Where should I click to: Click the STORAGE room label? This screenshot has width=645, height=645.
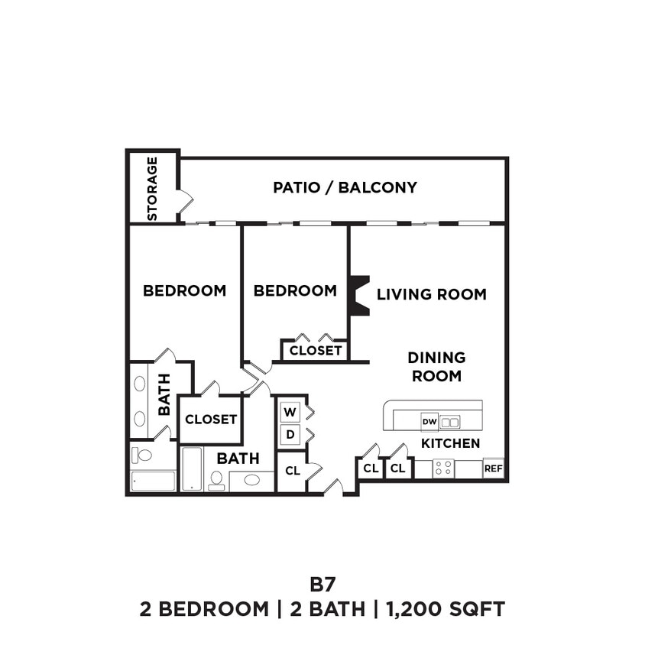[152, 189]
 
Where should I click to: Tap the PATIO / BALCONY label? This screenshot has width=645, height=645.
[345, 187]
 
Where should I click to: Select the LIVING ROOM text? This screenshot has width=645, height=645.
[431, 294]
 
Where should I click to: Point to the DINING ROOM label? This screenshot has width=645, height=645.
[436, 367]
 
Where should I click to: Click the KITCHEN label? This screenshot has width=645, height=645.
[451, 443]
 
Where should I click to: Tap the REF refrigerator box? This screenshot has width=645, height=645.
[494, 468]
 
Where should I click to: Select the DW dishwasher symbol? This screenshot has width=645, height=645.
[429, 421]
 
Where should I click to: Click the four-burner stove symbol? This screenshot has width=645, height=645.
[443, 468]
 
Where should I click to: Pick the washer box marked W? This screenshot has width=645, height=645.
[290, 413]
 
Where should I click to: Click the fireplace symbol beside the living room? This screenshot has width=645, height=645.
[358, 295]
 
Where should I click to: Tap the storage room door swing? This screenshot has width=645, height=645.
[185, 201]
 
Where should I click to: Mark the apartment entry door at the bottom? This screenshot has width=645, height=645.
[333, 486]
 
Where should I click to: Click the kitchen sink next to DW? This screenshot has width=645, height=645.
[450, 422]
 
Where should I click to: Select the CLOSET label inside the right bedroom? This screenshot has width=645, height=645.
[316, 350]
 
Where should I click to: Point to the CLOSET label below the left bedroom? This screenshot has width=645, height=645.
[211, 419]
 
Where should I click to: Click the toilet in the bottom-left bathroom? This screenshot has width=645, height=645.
[142, 455]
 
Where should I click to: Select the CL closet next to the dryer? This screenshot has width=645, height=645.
[291, 471]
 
